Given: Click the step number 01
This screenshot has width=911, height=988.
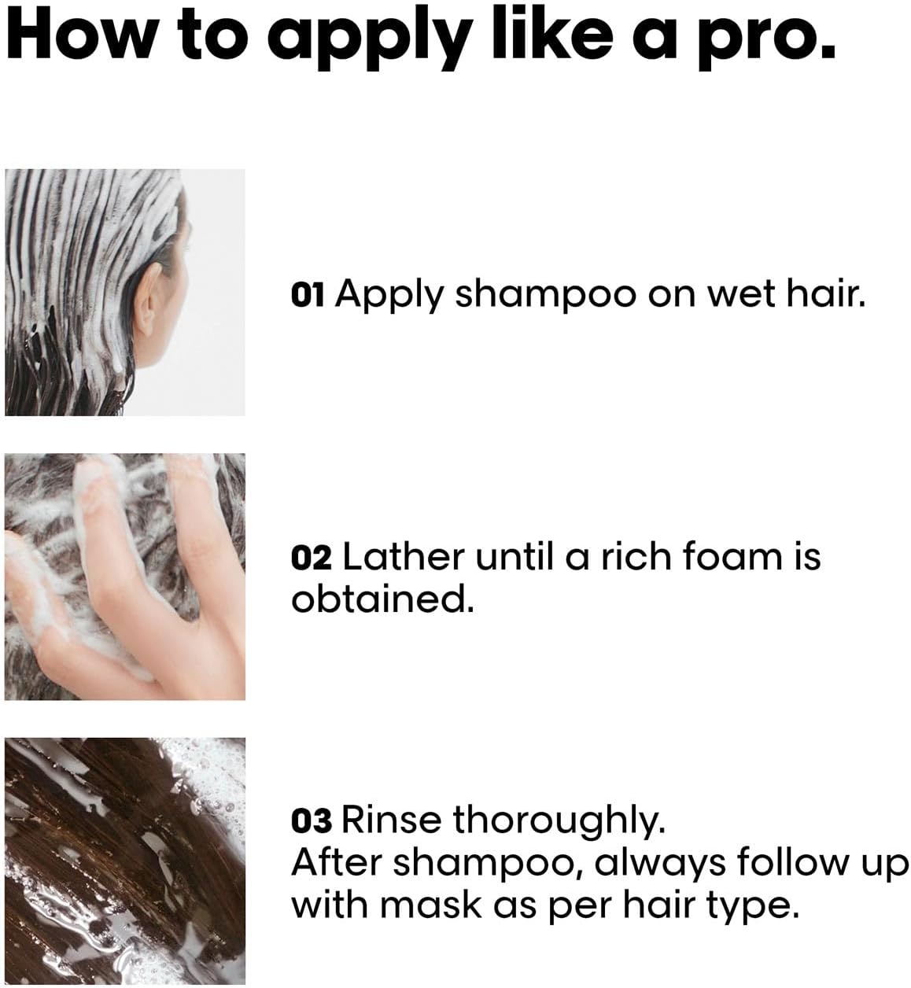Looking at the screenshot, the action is point(308,294).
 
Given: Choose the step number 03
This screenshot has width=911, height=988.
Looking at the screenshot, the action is point(311,821).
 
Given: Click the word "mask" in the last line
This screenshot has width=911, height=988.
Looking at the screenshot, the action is point(431,905).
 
